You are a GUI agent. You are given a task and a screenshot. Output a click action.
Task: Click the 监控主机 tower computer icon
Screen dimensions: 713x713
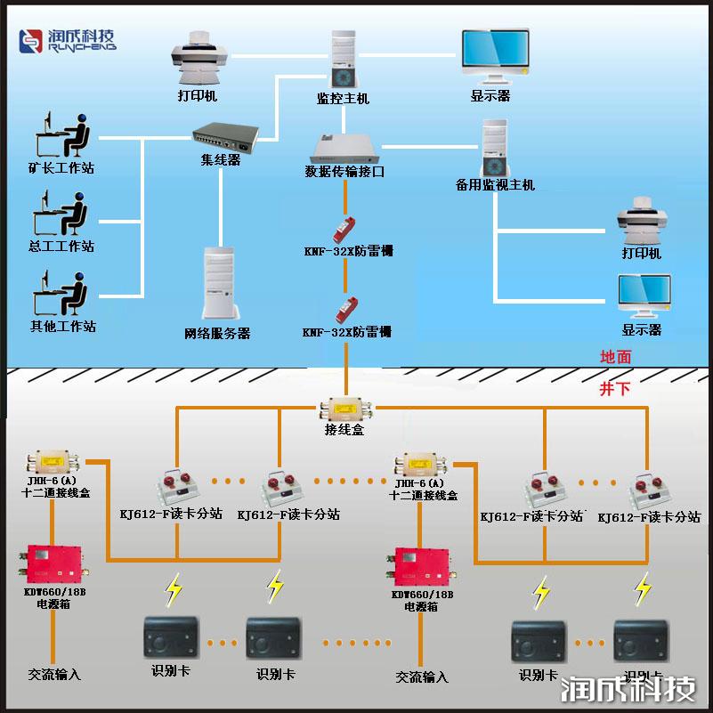[x=343, y=60]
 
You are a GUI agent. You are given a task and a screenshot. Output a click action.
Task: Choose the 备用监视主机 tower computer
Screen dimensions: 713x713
[x=494, y=149]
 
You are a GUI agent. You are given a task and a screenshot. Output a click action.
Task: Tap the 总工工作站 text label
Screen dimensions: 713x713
[x=61, y=247]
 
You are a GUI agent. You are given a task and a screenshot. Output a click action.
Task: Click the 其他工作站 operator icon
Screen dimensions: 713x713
[x=61, y=293]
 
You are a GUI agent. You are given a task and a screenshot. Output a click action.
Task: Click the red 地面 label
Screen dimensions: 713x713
[x=615, y=356]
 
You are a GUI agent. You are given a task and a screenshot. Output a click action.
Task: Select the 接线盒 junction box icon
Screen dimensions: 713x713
[x=344, y=410]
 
